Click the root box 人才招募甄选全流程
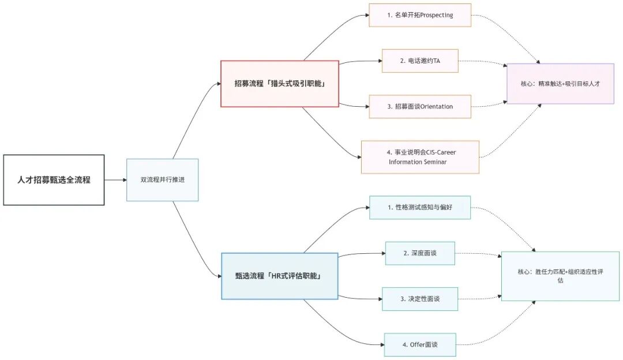click(x=54, y=180)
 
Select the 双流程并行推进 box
click(x=162, y=180)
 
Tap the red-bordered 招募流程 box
click(x=280, y=84)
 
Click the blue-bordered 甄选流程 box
click(x=280, y=276)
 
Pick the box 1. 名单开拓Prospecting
click(x=420, y=15)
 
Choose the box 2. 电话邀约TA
click(x=420, y=61)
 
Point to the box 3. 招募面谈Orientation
click(x=420, y=106)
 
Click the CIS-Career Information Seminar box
click(x=420, y=157)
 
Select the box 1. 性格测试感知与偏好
click(x=420, y=207)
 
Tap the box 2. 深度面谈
click(x=420, y=253)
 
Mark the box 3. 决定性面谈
click(x=420, y=299)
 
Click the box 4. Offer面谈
click(x=420, y=344)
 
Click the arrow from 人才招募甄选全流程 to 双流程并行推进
click(x=116, y=180)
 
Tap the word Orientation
click(x=437, y=106)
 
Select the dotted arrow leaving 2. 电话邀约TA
click(x=482, y=61)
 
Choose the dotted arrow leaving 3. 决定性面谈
click(x=479, y=298)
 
